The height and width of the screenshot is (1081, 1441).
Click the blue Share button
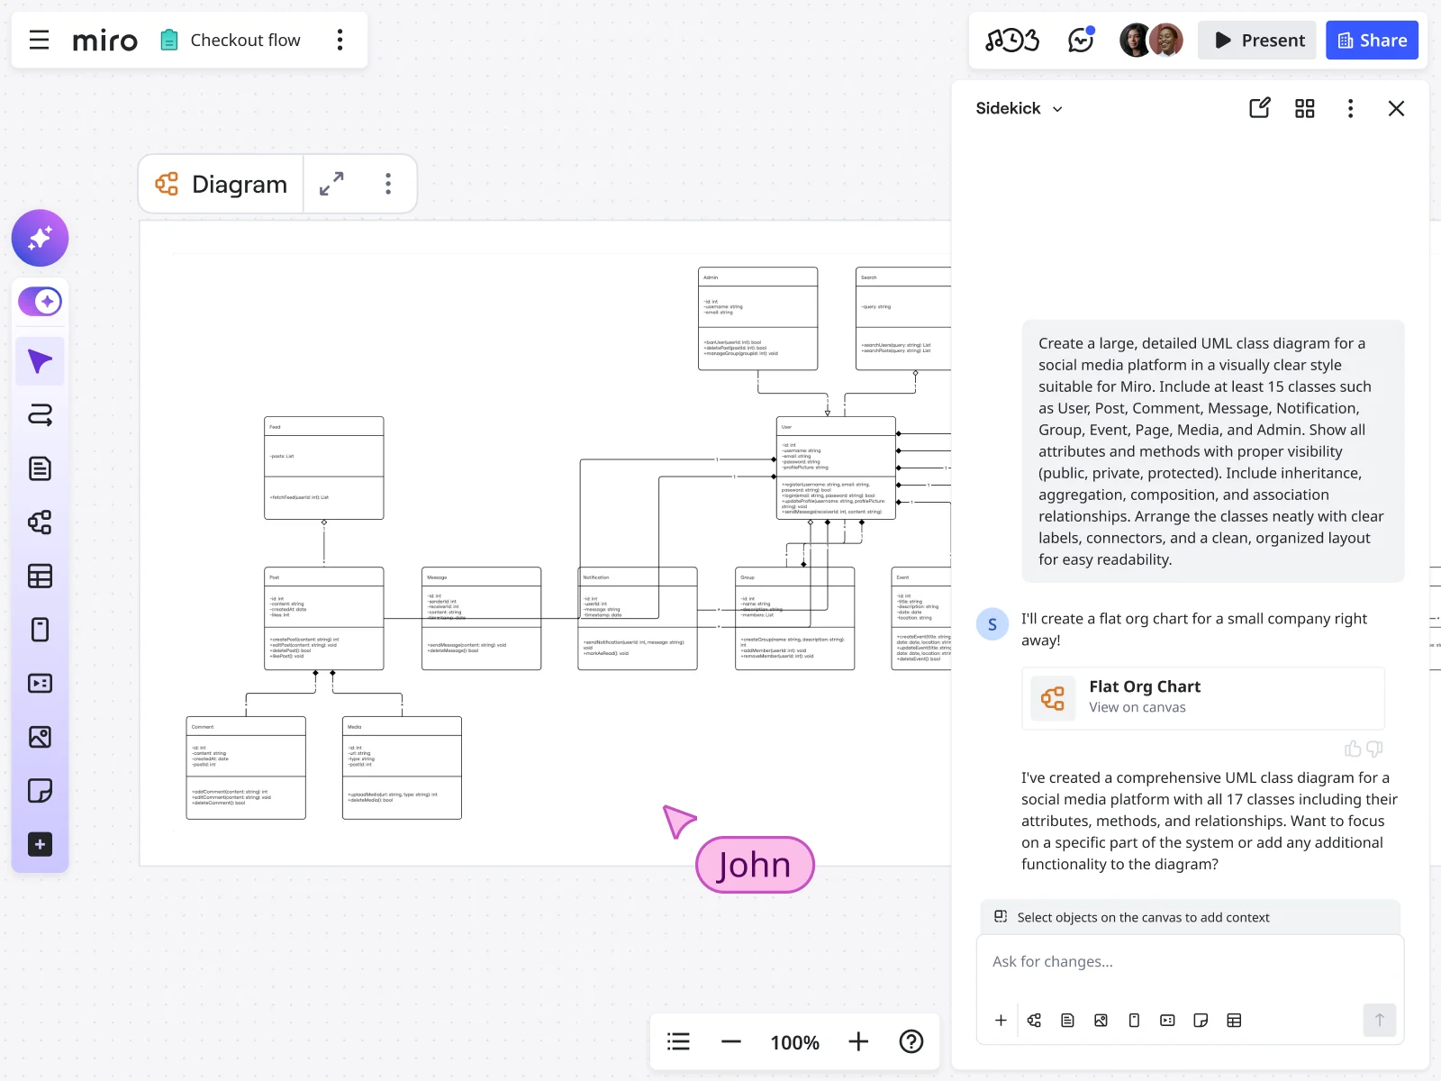point(1372,41)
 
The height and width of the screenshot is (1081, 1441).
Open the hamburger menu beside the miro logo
point(39,41)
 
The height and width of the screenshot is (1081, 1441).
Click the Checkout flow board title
point(245,41)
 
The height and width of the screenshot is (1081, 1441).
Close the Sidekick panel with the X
point(1396,109)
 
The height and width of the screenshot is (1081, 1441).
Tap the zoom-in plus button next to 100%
point(858,1042)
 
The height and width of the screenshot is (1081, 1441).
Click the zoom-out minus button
point(731,1042)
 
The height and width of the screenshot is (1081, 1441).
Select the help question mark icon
point(911,1042)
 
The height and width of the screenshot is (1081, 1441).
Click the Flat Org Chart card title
point(1145,686)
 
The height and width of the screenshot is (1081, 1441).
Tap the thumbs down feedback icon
point(1374,749)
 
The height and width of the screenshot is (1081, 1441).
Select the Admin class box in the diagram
point(757,318)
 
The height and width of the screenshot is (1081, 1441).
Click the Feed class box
point(323,468)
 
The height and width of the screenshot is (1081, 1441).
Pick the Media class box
point(402,768)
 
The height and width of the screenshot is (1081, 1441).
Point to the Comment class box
point(246,768)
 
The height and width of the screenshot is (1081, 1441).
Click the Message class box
point(481,618)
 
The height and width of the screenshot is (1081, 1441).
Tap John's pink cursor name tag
point(755,866)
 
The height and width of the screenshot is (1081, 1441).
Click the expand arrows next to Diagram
point(331,184)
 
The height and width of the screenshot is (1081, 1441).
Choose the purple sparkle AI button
point(40,238)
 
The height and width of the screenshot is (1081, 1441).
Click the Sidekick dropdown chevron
point(1057,109)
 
